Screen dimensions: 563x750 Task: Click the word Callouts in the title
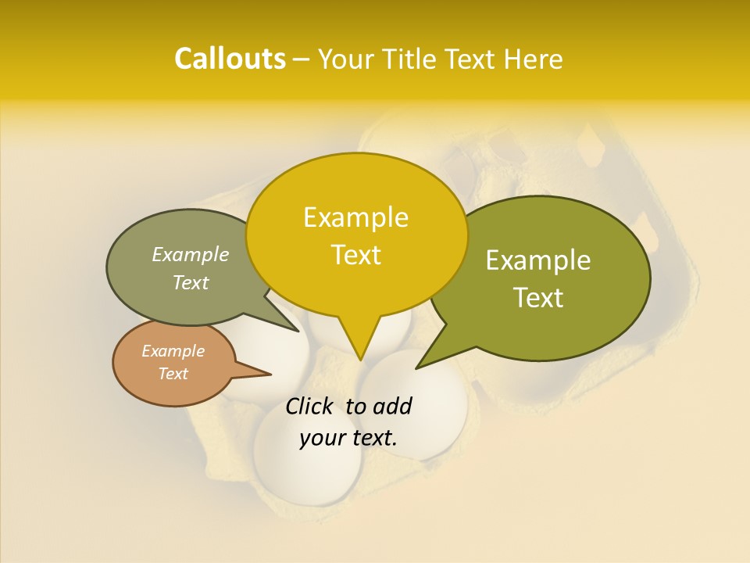click(x=230, y=59)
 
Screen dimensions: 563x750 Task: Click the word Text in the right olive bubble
click(x=538, y=298)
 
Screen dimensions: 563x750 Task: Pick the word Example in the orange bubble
click(x=173, y=351)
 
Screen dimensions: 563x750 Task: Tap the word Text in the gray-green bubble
click(x=191, y=283)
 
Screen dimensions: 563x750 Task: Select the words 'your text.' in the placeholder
click(x=348, y=437)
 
